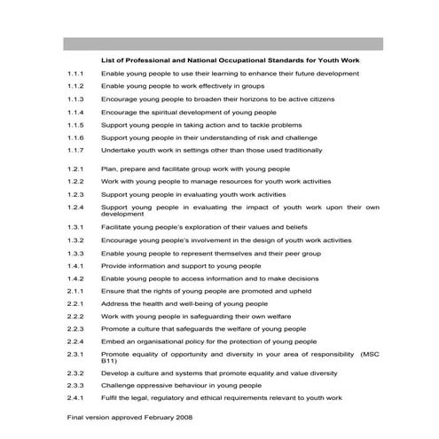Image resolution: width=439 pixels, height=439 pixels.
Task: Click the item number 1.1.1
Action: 74,74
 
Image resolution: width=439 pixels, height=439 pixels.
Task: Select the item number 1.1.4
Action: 74,113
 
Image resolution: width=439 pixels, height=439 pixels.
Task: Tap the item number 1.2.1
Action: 74,168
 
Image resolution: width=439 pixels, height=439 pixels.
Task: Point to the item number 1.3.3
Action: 74,253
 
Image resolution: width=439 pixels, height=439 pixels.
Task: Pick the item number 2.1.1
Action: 74,290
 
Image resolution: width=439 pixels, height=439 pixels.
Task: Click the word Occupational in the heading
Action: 231,58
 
